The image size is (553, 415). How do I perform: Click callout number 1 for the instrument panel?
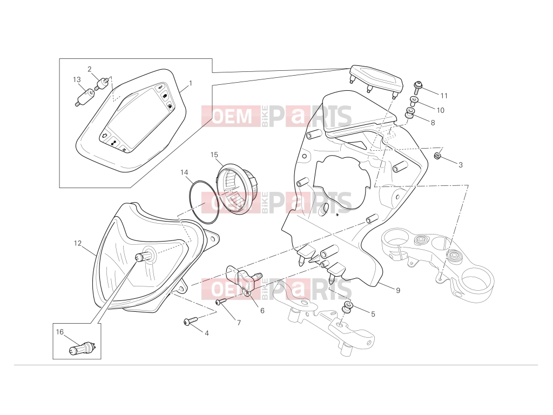[191, 83]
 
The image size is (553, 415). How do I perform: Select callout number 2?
[90, 69]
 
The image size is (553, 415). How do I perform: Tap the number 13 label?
[77, 80]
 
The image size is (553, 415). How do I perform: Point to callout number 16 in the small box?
[59, 332]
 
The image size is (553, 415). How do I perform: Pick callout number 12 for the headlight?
[78, 243]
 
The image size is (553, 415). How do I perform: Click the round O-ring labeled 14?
[205, 202]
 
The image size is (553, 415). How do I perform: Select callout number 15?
[214, 155]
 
